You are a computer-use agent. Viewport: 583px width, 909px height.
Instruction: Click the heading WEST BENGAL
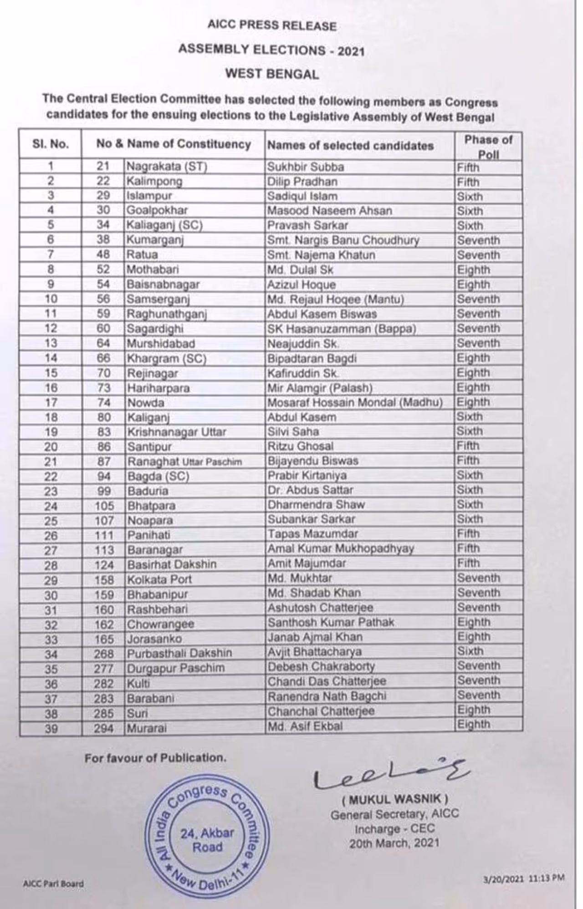pyautogui.click(x=272, y=74)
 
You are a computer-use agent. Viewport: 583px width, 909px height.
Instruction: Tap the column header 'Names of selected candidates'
pyautogui.click(x=350, y=146)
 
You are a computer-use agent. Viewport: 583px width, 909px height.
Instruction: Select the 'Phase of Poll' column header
pyautogui.click(x=488, y=147)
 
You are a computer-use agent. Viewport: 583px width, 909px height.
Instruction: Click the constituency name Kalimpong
pyautogui.click(x=154, y=182)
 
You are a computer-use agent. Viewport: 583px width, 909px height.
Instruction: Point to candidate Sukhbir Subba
pyautogui.click(x=306, y=167)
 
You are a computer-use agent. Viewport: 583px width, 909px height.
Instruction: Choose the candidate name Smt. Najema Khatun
pyautogui.click(x=321, y=255)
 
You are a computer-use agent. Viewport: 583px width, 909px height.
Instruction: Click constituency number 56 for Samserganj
pyautogui.click(x=103, y=299)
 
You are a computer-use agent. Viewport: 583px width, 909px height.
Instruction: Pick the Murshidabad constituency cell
pyautogui.click(x=161, y=343)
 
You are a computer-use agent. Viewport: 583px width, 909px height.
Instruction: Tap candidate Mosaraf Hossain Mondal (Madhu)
pyautogui.click(x=355, y=402)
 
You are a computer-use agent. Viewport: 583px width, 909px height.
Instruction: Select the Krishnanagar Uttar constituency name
pyautogui.click(x=177, y=432)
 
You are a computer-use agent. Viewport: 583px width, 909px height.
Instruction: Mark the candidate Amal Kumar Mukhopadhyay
pyautogui.click(x=341, y=548)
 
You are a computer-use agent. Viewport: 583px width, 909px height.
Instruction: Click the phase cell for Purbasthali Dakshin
pyautogui.click(x=470, y=651)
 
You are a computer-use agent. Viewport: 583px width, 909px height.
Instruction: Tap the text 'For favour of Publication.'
pyautogui.click(x=155, y=758)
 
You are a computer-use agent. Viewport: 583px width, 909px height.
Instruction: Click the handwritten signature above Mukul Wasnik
pyautogui.click(x=390, y=774)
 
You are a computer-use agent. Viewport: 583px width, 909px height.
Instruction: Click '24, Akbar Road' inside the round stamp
pyautogui.click(x=207, y=840)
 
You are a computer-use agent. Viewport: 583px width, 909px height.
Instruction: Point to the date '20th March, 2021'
pyautogui.click(x=394, y=843)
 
